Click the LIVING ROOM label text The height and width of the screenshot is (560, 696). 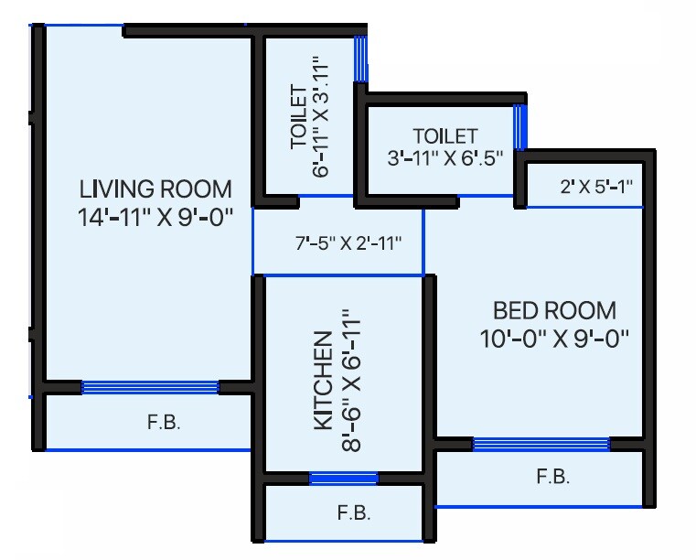pos(155,189)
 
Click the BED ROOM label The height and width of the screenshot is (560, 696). pos(554,310)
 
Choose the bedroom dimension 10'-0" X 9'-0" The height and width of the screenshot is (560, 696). pos(554,338)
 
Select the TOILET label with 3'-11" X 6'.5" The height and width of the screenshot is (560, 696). pos(444,136)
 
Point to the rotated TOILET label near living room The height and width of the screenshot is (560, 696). pos(298,117)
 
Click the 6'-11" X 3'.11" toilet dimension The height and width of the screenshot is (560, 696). pos(319,117)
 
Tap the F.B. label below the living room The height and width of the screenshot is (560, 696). pos(165,423)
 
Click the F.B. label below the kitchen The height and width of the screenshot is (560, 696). pos(354,512)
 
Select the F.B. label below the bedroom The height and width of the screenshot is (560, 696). pos(553,477)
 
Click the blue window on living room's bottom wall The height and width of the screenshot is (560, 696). pos(150,387)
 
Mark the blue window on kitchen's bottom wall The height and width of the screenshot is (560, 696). pos(343,478)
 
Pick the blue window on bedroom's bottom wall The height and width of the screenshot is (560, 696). pos(541,445)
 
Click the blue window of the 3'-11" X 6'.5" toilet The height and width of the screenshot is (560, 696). pos(519,127)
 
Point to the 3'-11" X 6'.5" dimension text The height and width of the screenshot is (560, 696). pos(445,157)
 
